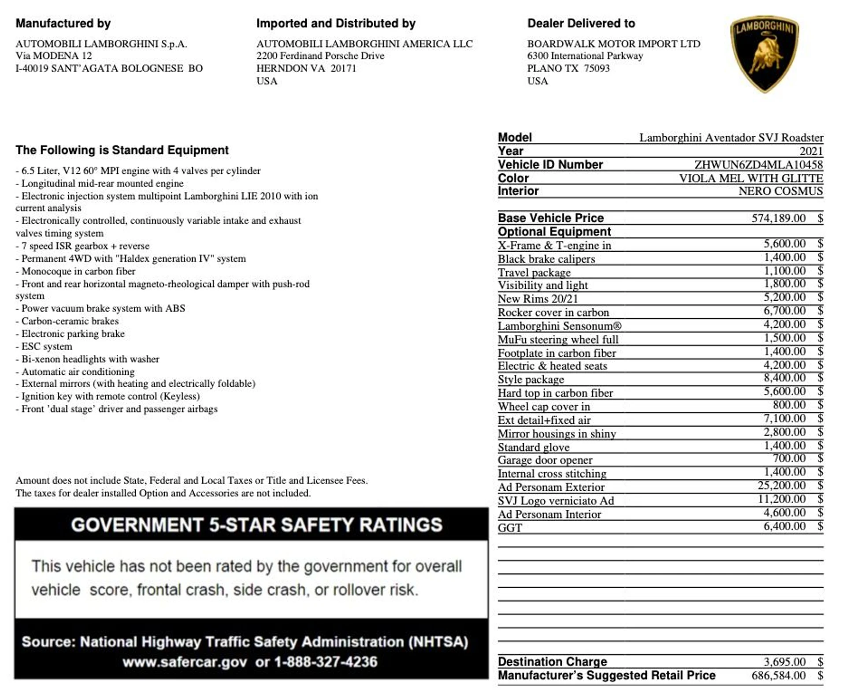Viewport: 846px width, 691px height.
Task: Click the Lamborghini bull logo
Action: pos(764,54)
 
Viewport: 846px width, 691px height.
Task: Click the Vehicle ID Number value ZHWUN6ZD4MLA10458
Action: pos(758,164)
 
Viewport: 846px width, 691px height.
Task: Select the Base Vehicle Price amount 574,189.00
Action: pos(778,218)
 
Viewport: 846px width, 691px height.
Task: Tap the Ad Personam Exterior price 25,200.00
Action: pos(781,486)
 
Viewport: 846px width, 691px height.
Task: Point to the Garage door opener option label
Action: pos(545,460)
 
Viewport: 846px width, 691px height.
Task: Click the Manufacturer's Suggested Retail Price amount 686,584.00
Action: pos(778,675)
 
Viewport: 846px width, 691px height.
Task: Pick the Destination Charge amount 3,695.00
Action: pos(784,661)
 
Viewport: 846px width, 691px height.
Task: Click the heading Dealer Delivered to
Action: pos(581,23)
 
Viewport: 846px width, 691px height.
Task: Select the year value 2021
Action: pos(811,151)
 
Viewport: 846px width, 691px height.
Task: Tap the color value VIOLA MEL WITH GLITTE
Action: pos(750,178)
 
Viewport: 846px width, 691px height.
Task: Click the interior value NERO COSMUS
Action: pos(780,191)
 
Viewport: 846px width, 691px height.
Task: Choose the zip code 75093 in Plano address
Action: pos(597,68)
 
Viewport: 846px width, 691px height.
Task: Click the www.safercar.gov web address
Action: pos(185,662)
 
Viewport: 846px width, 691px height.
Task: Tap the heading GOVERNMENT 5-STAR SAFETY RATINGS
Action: pos(256,525)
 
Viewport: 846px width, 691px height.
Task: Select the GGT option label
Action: pos(510,528)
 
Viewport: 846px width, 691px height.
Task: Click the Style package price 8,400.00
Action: pos(784,378)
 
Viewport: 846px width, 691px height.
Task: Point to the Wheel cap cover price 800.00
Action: pos(789,405)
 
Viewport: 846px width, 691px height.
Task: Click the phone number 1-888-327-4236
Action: pos(326,662)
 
